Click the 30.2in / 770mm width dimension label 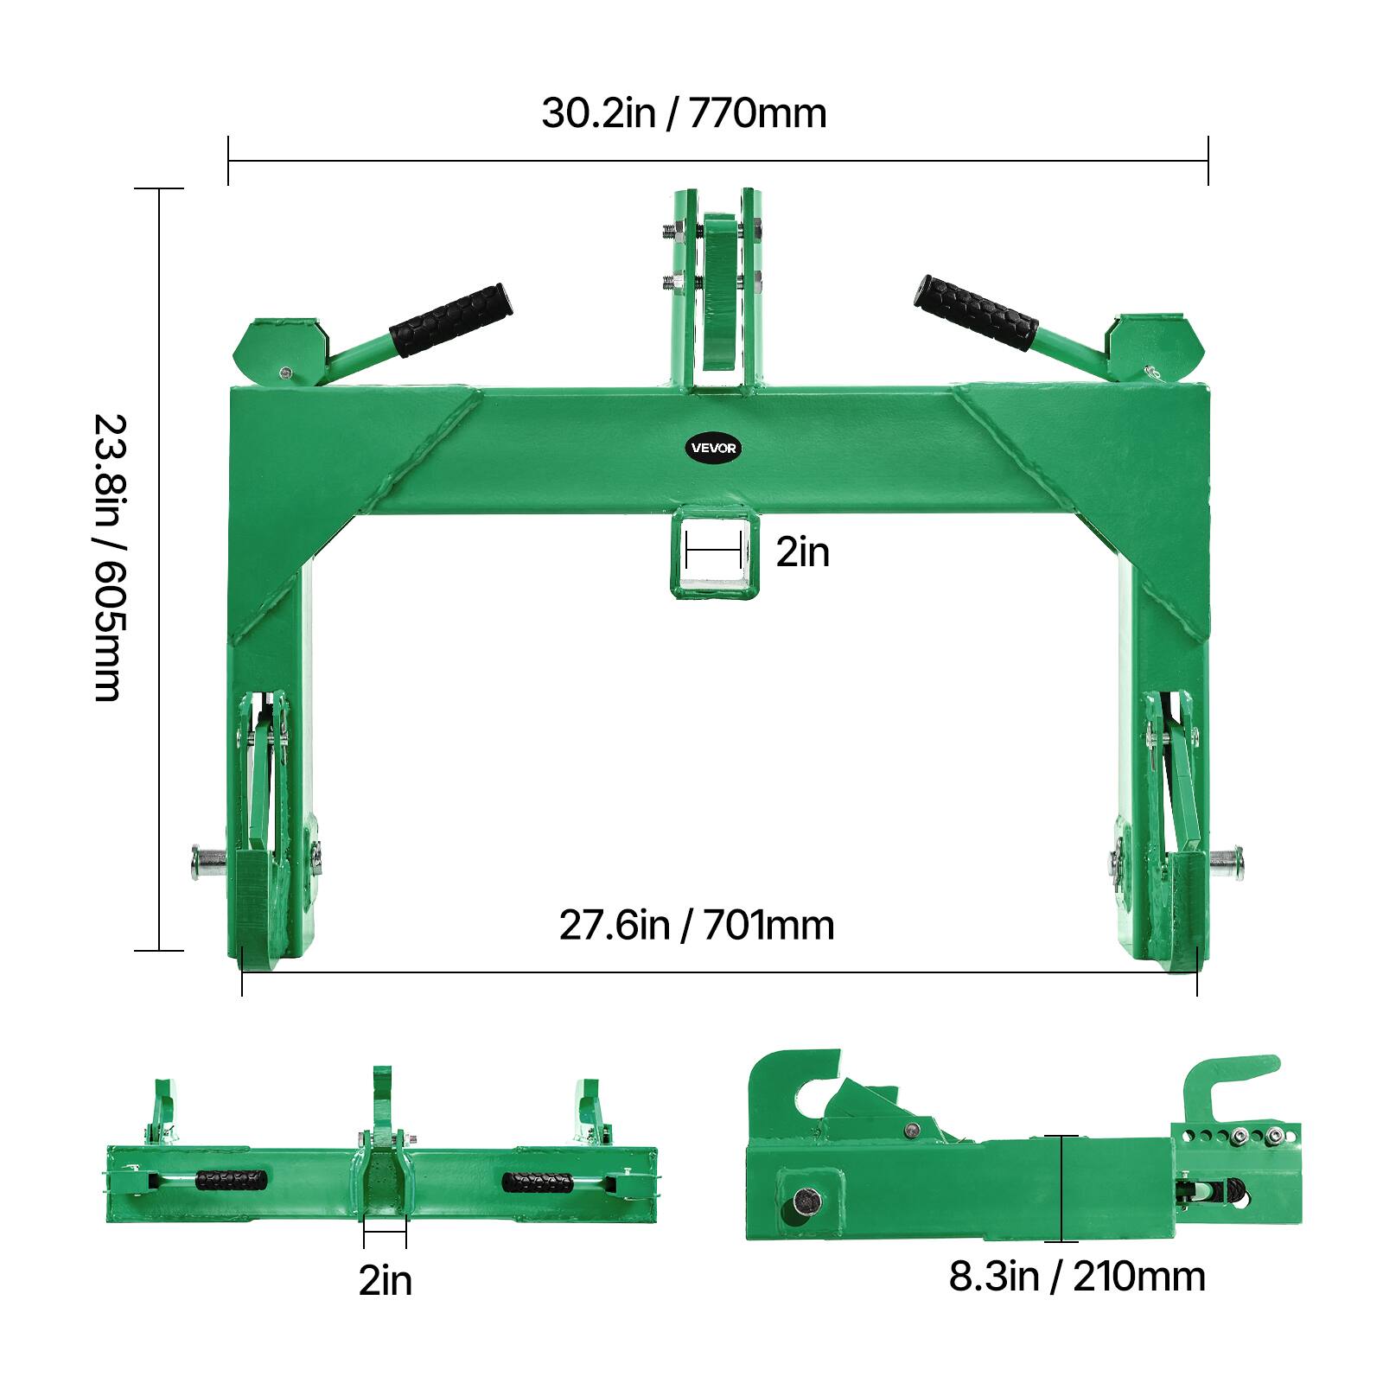tap(684, 113)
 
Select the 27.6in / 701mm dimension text tap(697, 926)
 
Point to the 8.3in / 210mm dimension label tap(1077, 1277)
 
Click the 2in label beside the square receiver tap(802, 552)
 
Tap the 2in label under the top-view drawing tap(386, 1280)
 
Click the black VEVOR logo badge tap(714, 448)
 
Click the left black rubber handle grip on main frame tap(450, 319)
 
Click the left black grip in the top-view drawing tap(231, 1180)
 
